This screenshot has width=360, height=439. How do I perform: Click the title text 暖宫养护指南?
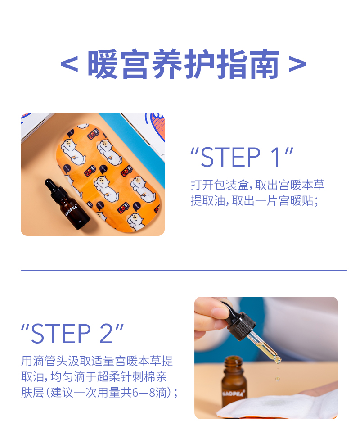pos(183,65)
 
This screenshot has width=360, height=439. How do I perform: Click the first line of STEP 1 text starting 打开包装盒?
pos(257,185)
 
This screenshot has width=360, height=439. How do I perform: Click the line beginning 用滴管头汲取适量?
pos(97,361)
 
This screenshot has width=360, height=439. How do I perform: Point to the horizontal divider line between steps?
pos(184,270)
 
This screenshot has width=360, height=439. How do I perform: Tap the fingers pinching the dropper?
pos(211,315)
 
